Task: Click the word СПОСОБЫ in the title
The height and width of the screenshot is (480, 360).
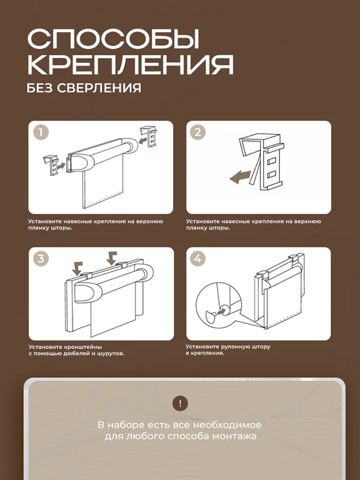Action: coord(113,39)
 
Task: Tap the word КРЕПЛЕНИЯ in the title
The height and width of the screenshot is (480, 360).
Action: coord(130,65)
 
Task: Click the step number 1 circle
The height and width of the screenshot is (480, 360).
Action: coord(41,133)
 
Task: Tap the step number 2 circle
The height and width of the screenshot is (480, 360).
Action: coord(198,133)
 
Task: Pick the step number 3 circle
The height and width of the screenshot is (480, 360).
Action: coord(41,258)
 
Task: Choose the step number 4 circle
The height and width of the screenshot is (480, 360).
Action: coord(198,258)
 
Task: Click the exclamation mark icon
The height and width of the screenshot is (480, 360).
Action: coord(180,403)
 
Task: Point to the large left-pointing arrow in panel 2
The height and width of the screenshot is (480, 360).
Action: coord(240,177)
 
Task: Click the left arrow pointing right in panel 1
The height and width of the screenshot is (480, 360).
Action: coord(61,165)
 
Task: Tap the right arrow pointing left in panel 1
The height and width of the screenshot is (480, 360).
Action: coord(144,140)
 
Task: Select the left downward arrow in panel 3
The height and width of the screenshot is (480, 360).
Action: coord(77,269)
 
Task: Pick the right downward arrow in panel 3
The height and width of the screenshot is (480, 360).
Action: coord(112,257)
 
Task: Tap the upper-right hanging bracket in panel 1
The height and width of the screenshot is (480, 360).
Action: coord(149,137)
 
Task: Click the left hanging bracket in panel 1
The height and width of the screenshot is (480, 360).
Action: coord(51,165)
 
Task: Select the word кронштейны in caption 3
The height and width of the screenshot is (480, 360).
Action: coord(83,347)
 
